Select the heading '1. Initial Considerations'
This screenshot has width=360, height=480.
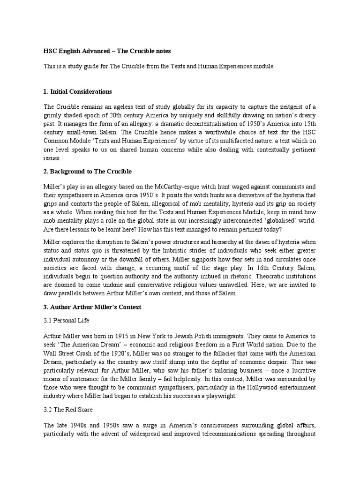pyautogui.click(x=78, y=91)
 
